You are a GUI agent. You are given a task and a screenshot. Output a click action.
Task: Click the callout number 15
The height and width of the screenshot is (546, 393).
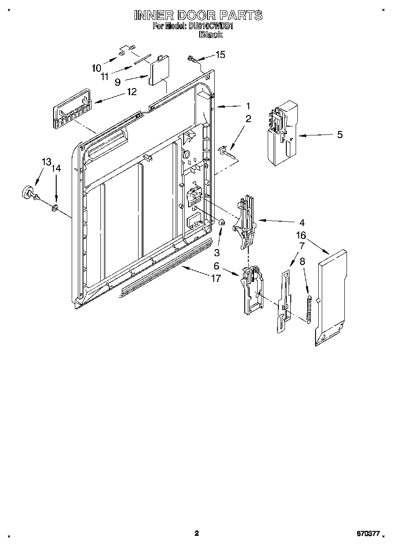[x=220, y=54]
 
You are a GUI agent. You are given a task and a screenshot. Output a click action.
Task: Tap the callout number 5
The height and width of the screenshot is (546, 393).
[x=340, y=135]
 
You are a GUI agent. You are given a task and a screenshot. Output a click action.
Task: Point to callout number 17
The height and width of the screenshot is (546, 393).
[x=216, y=279]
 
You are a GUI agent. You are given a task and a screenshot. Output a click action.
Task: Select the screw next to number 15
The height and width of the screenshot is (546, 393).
[x=193, y=58]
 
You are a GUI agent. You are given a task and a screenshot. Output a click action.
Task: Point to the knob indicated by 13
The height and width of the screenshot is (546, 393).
[x=28, y=192]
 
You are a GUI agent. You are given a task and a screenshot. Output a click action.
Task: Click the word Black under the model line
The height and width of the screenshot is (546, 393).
[x=211, y=34]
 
